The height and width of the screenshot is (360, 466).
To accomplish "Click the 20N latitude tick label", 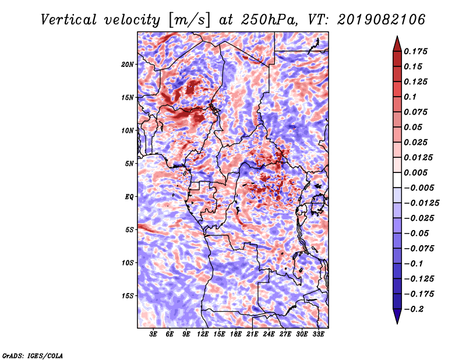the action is point(128,65).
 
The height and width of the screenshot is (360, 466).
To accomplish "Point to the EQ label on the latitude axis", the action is point(129,197).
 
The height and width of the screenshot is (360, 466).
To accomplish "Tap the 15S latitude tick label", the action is point(128,296).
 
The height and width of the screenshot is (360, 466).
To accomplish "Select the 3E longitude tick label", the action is point(153,334).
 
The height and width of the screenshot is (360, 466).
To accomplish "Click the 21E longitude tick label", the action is point(252,334).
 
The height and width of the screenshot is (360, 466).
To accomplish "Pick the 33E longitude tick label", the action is point(318,334).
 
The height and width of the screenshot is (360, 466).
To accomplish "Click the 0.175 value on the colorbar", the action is point(415,51).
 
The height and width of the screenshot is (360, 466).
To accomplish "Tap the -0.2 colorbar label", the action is point(414,309).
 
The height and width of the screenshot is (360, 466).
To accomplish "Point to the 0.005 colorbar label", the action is point(415,172).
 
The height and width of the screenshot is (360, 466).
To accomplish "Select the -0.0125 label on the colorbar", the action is point(421,203).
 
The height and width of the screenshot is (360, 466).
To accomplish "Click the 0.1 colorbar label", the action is point(410,97).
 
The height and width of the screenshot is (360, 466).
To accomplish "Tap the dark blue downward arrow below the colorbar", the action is point(397,316).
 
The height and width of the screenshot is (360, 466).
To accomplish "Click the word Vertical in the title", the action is point(69,20).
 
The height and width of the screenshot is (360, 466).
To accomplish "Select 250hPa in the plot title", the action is point(269,20).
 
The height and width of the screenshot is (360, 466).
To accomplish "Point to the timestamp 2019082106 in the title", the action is point(382,20).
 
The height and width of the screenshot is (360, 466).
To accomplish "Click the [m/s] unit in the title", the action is point(189,20).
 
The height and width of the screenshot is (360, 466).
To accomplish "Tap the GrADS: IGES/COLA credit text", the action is point(33,356).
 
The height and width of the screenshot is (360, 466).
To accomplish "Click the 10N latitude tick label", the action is point(128,130).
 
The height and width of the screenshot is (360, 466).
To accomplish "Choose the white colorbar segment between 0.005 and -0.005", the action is point(397,180).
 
